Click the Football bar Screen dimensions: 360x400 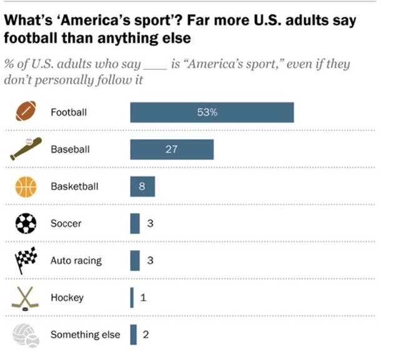(x=212, y=112)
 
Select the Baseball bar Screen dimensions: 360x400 (x=172, y=149)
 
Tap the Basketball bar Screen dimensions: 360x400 (x=142, y=186)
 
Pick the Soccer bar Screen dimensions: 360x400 (x=134, y=223)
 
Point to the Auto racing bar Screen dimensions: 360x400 (x=134, y=260)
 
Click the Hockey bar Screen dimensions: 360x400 (x=132, y=297)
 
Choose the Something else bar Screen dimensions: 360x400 (x=133, y=334)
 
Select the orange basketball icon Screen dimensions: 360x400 (x=26, y=186)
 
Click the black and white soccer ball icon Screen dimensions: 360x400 (x=26, y=223)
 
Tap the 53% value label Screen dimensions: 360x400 (x=207, y=112)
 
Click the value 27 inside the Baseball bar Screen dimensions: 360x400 (x=171, y=149)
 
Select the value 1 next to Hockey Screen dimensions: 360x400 (x=143, y=297)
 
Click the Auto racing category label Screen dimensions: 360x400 (x=76, y=260)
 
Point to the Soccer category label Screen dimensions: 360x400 (x=66, y=223)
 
